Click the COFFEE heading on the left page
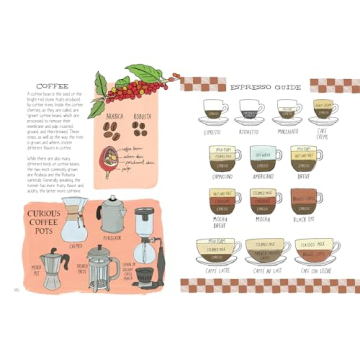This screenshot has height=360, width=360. [52, 86]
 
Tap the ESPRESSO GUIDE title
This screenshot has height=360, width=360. [265, 87]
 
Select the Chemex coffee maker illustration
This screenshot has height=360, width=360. [73, 218]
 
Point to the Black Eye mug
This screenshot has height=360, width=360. [301, 198]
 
